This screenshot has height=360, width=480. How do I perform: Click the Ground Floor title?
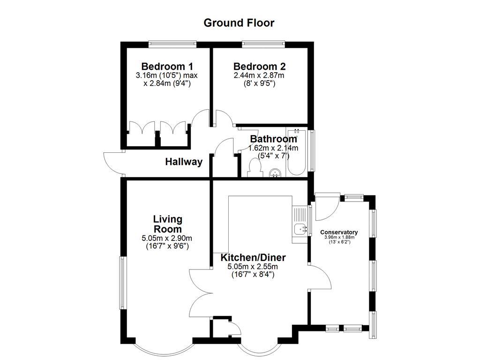pos(239,23)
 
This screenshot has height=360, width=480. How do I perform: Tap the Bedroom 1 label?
pos(167,67)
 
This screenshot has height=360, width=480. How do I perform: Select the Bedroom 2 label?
pos(260,67)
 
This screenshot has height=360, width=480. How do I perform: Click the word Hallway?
pos(184,162)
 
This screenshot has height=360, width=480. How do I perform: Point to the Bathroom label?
pos(273,139)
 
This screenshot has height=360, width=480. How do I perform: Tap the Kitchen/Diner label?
pos(253,258)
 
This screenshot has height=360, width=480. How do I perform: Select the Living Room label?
pos(168,224)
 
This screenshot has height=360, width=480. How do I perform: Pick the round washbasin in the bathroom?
pos(275,173)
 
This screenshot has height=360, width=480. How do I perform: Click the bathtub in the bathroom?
pos(296,152)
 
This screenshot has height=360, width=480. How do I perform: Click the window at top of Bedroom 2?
pos(263,44)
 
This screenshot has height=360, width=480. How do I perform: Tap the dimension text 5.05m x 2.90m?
pos(167,239)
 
